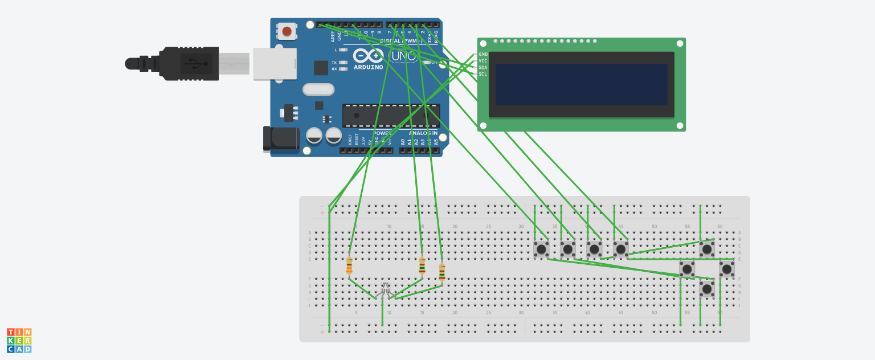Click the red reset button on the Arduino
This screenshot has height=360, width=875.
pos(287,31)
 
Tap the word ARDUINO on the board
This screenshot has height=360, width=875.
pos(368,67)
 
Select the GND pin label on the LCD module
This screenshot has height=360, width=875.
pos(483,54)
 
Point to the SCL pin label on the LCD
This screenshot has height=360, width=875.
pos(483,74)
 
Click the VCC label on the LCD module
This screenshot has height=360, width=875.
pos(483,61)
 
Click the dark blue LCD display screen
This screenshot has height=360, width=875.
pos(581,84)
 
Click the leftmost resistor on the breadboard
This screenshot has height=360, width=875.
pos(349,266)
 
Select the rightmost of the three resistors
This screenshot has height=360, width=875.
pos(442,272)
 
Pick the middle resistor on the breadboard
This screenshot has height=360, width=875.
pos(422,266)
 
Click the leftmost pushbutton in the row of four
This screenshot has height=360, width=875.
pos(541,249)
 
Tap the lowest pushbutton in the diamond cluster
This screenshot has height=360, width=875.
pos(707,289)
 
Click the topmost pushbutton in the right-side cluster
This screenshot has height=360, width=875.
pos(707,249)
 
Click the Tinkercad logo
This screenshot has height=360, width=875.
pos(19,340)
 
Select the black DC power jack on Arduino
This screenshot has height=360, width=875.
pos(281,139)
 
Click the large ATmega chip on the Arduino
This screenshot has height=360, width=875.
pos(391,116)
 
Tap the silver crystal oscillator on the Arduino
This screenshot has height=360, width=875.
pos(318,89)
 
